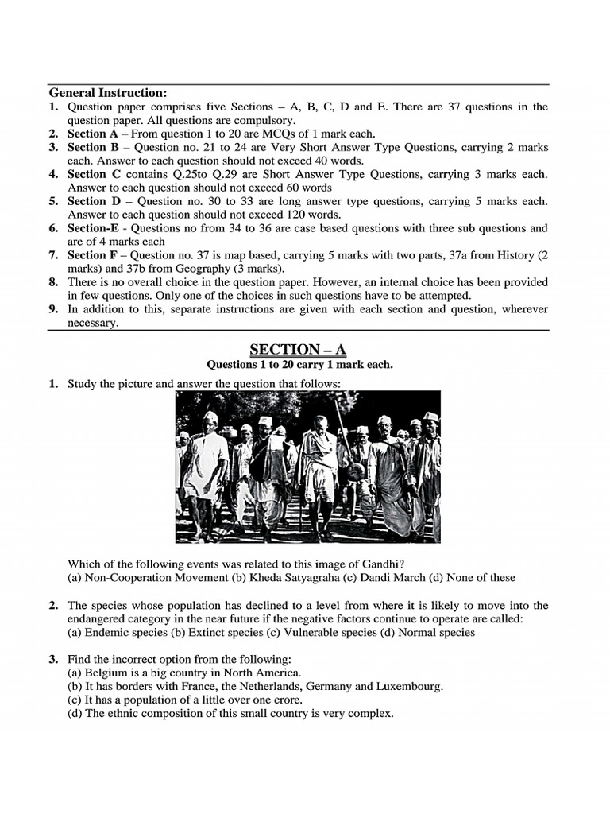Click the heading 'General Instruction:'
click(108, 93)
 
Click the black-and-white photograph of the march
click(307, 467)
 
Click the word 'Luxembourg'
click(410, 686)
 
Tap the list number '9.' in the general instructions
click(53, 309)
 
